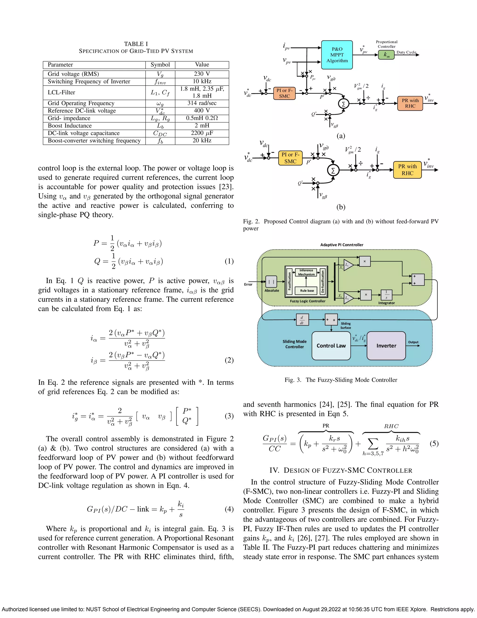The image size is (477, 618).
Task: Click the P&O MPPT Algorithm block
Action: click(337, 55)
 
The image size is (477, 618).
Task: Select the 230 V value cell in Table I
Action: click(202, 74)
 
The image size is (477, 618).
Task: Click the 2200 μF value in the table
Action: click(202, 133)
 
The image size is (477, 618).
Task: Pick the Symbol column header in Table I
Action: click(160, 65)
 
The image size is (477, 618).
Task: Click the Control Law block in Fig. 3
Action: click(331, 346)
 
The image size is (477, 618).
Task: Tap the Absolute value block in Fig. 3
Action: click(271, 282)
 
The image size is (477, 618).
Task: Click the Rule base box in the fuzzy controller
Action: click(307, 291)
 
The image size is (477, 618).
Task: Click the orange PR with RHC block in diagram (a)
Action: click(410, 103)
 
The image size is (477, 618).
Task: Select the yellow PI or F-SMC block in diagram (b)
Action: click(290, 158)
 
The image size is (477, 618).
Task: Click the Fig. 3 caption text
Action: click(341, 380)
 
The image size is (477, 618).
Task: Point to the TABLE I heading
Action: click(136, 44)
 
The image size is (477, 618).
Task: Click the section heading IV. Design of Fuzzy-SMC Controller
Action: click(341, 470)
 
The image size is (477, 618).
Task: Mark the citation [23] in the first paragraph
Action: click(226, 187)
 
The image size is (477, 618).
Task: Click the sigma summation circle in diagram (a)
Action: click(343, 104)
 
